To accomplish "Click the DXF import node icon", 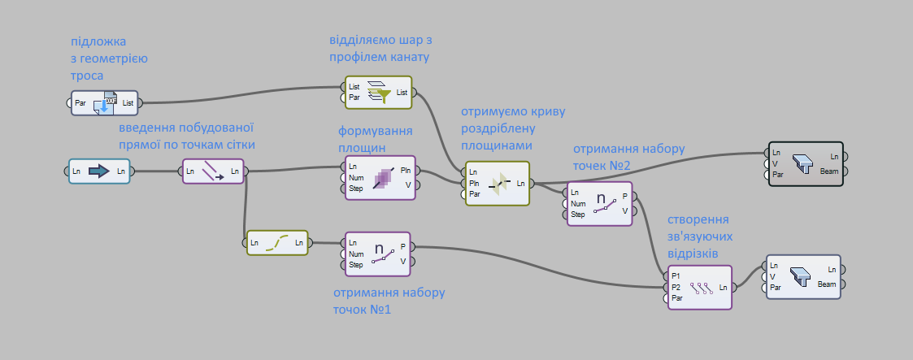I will (106, 103).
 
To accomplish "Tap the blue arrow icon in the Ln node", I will (98, 171).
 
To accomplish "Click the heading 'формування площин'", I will (375, 139).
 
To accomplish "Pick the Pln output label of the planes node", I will (404, 170).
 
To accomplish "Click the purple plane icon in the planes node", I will (380, 178).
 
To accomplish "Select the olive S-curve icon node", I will (277, 241).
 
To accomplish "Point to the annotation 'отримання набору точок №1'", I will (389, 300).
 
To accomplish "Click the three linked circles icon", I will (701, 287).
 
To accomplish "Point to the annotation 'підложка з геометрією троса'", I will (109, 58).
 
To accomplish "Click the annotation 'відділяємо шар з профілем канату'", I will (379, 48).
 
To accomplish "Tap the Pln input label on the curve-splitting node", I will (474, 183).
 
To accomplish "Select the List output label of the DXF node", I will (128, 103).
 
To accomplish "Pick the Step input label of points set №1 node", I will (356, 264).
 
